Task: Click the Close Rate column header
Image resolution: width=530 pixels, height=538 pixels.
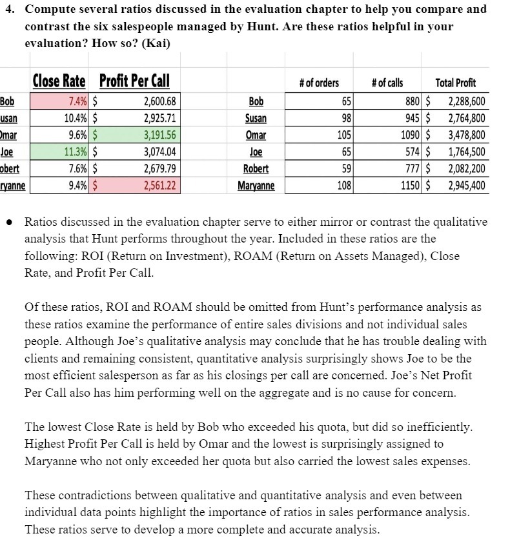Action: click(x=59, y=81)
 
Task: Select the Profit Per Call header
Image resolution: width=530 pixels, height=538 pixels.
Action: click(x=135, y=81)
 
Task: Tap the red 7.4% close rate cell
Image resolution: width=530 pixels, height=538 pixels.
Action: click(x=59, y=102)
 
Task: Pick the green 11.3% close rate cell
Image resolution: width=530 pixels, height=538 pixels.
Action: click(x=59, y=153)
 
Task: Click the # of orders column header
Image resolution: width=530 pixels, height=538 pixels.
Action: click(x=319, y=83)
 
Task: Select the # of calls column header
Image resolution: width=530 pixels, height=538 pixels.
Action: click(x=387, y=83)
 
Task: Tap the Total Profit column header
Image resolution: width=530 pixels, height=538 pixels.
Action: click(x=456, y=83)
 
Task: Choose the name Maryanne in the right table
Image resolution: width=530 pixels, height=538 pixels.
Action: click(x=256, y=186)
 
